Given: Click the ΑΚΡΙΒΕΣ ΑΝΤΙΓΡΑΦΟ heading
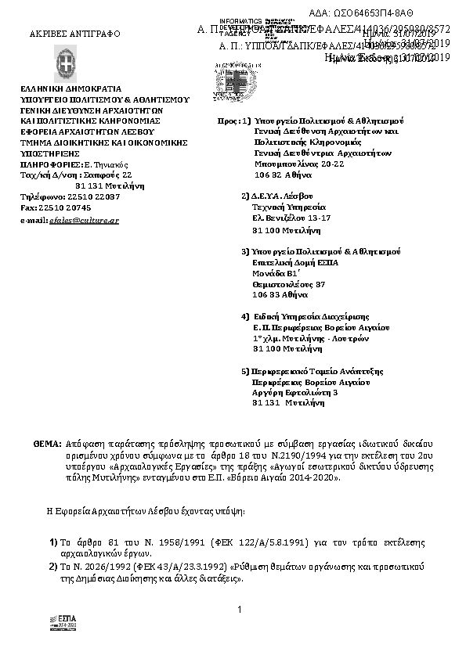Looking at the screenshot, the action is point(63,35).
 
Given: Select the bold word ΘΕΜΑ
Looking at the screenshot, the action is point(46,443).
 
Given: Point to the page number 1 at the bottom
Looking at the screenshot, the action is point(238,608).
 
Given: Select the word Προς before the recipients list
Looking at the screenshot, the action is point(226,122).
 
